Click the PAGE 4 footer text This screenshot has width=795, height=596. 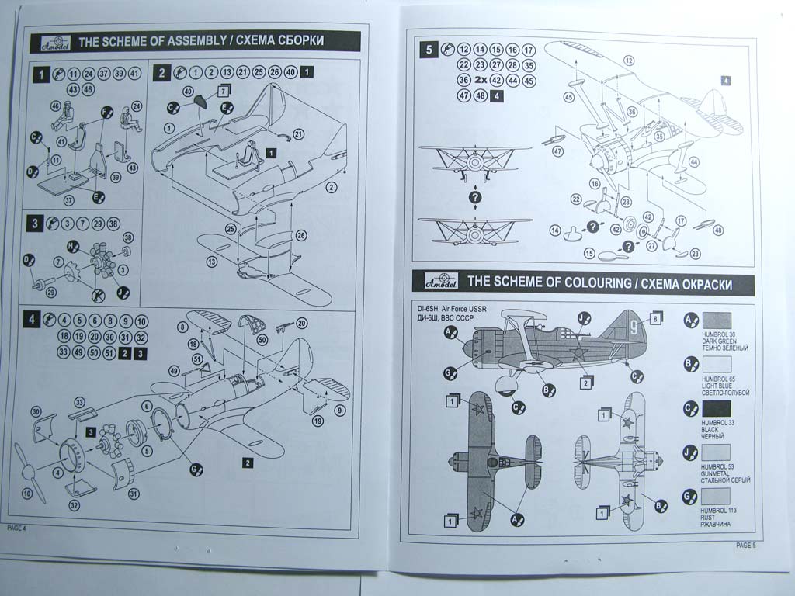[x=16, y=528]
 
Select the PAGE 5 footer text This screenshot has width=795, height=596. [x=745, y=545]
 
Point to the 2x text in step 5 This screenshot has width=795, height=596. [x=481, y=80]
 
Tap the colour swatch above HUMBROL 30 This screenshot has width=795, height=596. [x=715, y=322]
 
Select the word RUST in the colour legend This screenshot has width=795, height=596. [x=707, y=518]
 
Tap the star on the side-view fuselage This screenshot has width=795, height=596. [x=578, y=355]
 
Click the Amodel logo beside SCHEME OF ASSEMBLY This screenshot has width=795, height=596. [x=54, y=41]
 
